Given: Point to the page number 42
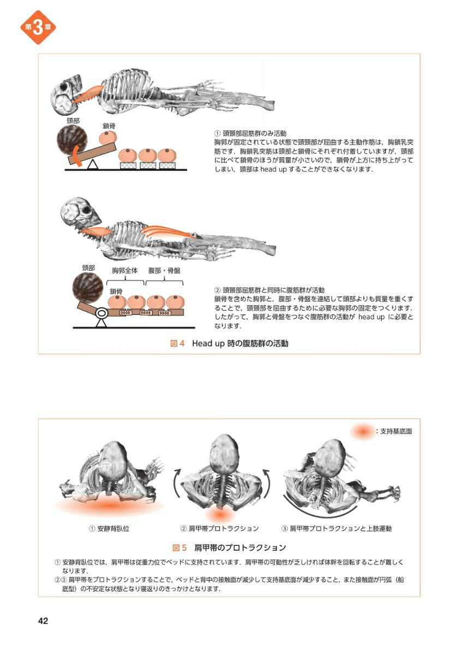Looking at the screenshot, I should click(x=43, y=621).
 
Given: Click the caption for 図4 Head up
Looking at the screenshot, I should click(x=229, y=343).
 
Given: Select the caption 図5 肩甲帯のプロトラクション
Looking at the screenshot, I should click(x=229, y=547).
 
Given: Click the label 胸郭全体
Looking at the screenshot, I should click(x=125, y=271).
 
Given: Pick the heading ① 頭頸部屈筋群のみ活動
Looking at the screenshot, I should click(x=251, y=133).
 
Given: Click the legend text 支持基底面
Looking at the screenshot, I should click(x=394, y=431).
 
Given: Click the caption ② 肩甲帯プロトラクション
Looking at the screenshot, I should click(x=219, y=528).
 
